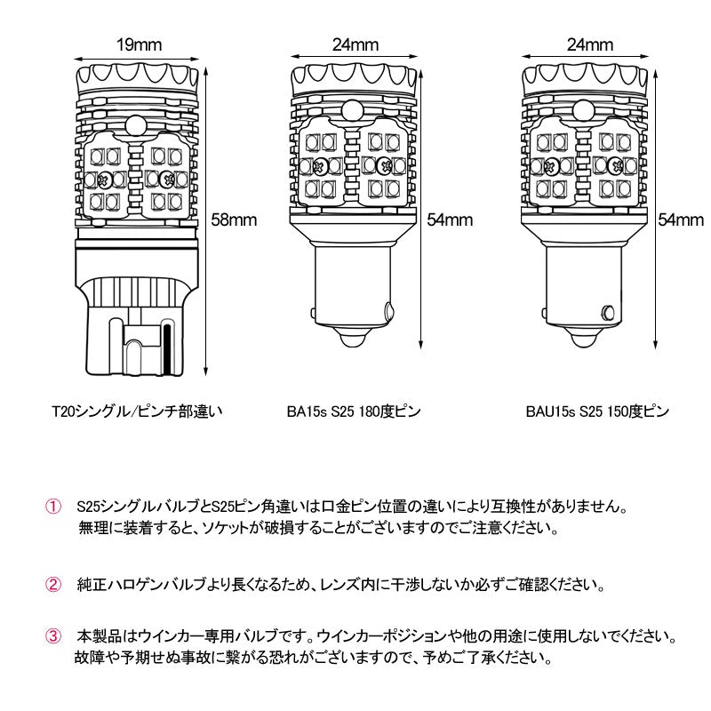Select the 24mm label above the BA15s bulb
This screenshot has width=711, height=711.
click(x=355, y=44)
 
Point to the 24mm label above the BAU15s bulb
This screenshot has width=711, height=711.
click(x=588, y=44)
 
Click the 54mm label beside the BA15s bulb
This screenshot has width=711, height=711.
click(x=450, y=219)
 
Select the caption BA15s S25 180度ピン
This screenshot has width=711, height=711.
click(x=353, y=411)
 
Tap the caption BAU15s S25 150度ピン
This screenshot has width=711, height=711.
click(x=596, y=411)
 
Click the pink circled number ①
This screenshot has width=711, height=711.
click(x=53, y=507)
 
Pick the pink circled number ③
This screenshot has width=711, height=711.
click(x=53, y=637)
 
